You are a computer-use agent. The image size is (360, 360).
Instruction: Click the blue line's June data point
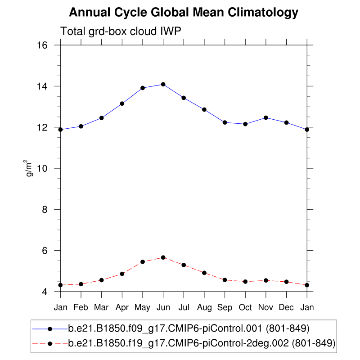pos(163,84)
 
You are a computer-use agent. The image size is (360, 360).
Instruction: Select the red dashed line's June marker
pos(163,257)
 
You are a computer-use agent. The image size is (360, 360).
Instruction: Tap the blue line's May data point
pos(143,88)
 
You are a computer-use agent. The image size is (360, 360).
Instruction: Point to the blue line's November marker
pos(266,117)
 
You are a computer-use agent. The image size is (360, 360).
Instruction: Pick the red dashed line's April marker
pos(122,274)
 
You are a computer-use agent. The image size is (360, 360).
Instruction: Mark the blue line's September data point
pos(225,122)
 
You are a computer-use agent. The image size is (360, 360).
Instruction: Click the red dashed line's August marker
pos(204,273)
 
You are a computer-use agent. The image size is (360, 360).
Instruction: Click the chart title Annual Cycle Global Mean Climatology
pos(184,13)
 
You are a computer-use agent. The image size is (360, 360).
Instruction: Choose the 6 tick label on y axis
pos(45,251)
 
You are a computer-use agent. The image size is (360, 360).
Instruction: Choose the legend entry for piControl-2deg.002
pos(202,343)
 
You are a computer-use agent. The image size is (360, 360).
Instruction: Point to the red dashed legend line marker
pos(50,343)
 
